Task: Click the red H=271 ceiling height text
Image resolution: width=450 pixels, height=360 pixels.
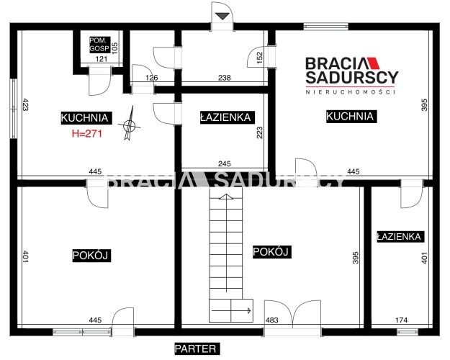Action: (x=87, y=133)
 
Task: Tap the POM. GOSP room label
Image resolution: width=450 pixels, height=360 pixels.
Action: (x=99, y=44)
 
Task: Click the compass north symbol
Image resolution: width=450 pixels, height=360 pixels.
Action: (x=130, y=124)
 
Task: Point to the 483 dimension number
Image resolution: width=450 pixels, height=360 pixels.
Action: (x=271, y=320)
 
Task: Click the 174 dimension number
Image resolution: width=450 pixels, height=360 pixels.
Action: (x=401, y=320)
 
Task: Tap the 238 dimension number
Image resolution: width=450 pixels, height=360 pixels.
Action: (x=225, y=78)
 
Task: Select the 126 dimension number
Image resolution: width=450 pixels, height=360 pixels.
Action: (x=151, y=78)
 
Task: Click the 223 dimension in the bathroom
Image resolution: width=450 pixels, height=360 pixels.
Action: (x=259, y=132)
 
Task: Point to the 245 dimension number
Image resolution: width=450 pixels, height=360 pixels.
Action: (x=225, y=163)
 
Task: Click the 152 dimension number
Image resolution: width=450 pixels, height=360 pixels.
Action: (x=259, y=58)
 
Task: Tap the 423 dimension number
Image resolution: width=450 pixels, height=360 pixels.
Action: (x=25, y=104)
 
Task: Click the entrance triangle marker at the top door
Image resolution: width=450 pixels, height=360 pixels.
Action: (x=222, y=16)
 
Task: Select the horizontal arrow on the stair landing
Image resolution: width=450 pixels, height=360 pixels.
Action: (x=231, y=310)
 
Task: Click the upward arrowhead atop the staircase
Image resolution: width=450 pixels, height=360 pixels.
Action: (x=226, y=197)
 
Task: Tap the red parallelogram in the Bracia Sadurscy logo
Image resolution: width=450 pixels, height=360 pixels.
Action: (x=373, y=63)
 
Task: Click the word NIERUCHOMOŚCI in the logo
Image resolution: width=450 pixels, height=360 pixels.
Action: (x=351, y=92)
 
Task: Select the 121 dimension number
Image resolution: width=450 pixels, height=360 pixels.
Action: (x=102, y=59)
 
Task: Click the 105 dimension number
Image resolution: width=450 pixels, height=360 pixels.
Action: (x=114, y=47)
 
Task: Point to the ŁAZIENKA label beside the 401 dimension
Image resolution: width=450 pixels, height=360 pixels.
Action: (x=399, y=237)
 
